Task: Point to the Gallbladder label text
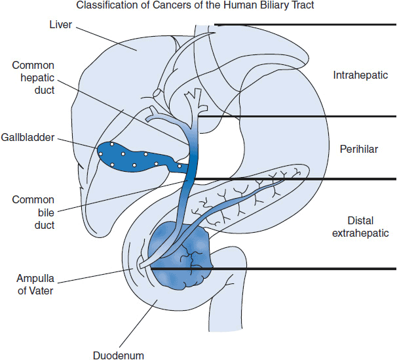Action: [x=28, y=138]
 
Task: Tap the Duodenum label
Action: [x=119, y=355]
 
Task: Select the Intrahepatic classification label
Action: [x=360, y=75]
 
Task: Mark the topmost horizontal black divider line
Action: [x=305, y=25]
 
